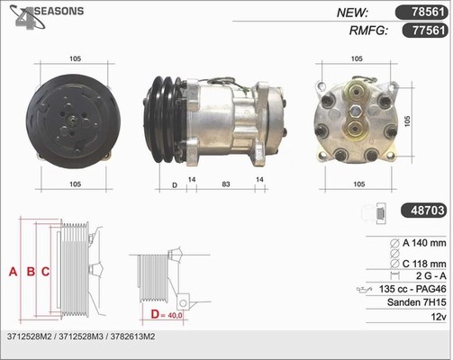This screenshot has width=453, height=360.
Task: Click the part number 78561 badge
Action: click(x=421, y=13)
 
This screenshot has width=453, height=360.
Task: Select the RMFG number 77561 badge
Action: click(x=425, y=30)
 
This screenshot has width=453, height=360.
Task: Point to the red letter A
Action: click(x=13, y=272)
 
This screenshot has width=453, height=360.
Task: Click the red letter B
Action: click(x=31, y=272)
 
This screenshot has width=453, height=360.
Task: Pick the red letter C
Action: click(x=45, y=272)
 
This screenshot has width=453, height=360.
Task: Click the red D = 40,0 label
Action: click(x=167, y=314)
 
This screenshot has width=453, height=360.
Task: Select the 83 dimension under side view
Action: click(x=226, y=184)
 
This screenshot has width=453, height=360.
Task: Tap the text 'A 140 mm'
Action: click(x=424, y=243)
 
